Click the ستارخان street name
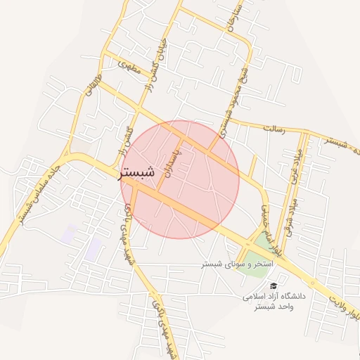point(233,22)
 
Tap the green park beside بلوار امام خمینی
point(264,244)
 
